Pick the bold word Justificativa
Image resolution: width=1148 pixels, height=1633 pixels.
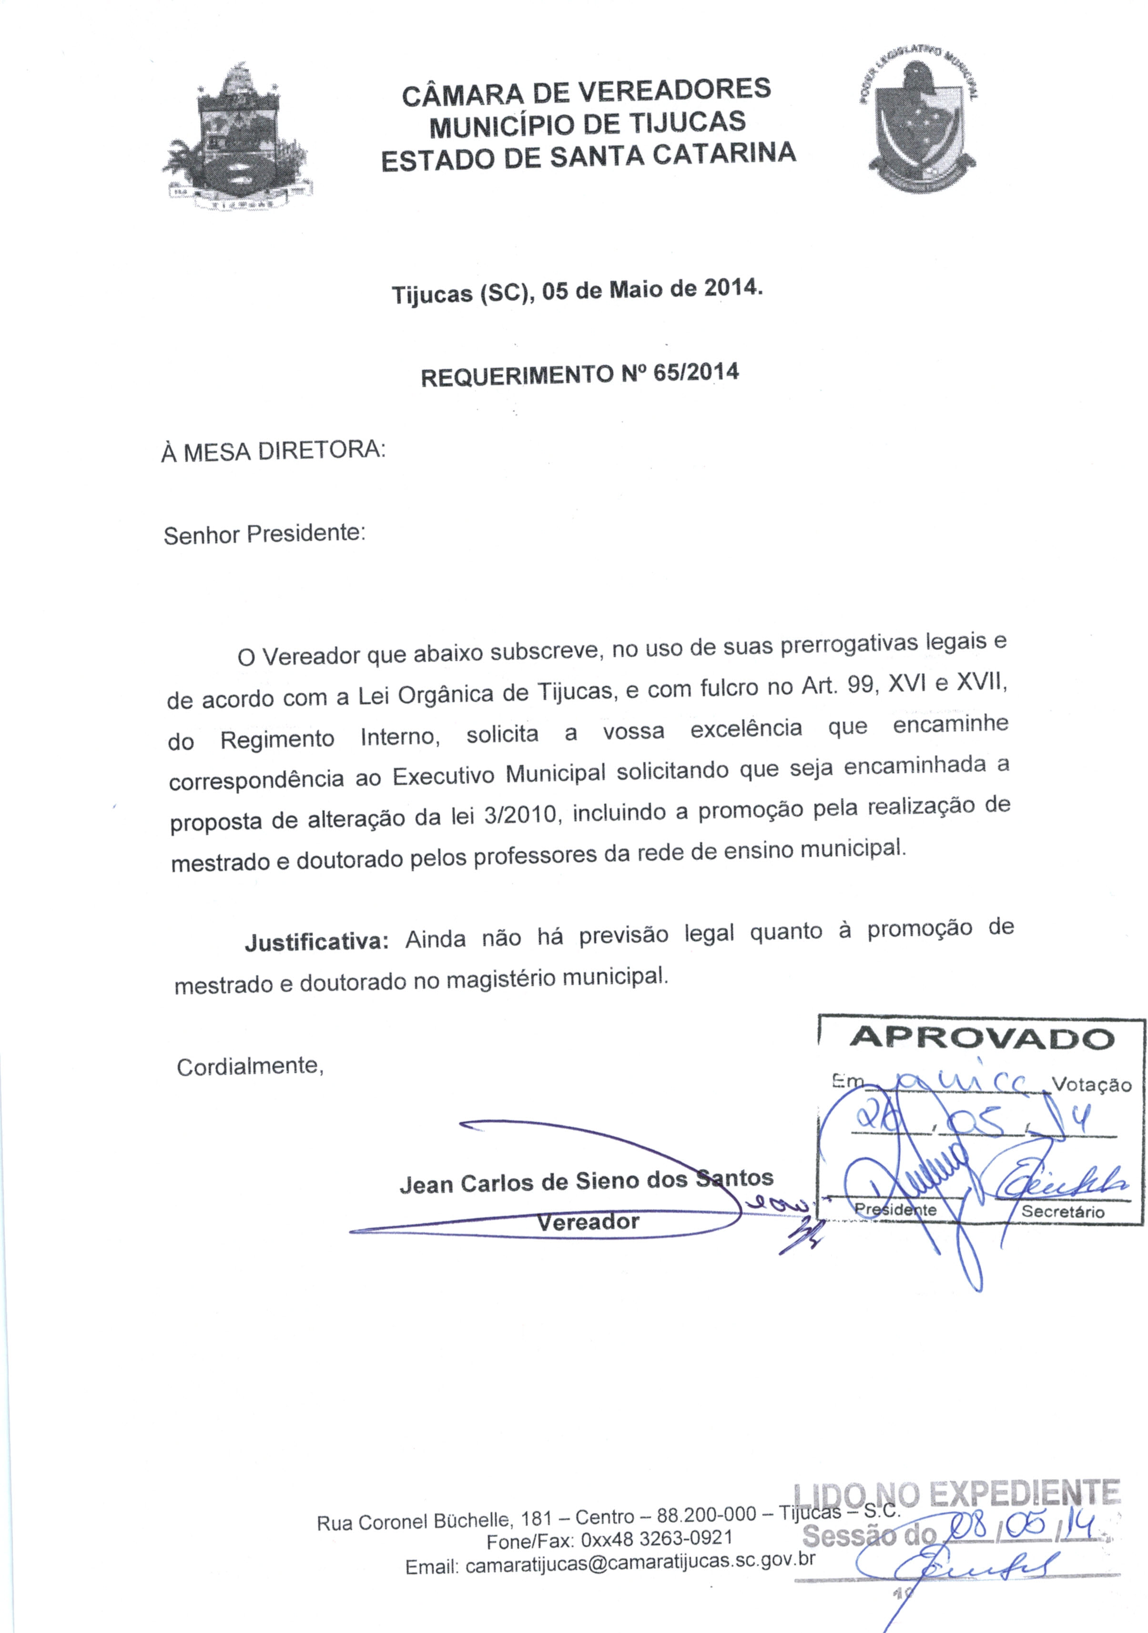tap(316, 942)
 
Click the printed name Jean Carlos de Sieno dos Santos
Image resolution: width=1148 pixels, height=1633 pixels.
tap(586, 1181)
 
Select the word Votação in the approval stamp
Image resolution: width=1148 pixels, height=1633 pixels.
tap(1091, 1085)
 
